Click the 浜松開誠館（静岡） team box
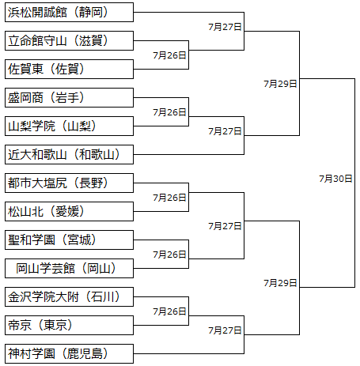[69, 13]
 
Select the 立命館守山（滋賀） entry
[69, 41]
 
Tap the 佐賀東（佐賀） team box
[69, 70]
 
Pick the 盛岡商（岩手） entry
[69, 98]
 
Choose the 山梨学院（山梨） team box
[69, 126]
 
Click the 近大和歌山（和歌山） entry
[69, 155]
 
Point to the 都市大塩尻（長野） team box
[69, 183]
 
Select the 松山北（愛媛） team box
[69, 212]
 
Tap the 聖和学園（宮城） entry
[69, 240]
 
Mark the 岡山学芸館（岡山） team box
[69, 269]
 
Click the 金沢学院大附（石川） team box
[69, 297]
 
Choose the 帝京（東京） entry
[69, 326]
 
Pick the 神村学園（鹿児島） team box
[69, 354]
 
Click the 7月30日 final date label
[335, 179]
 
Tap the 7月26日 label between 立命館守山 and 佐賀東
[169, 55]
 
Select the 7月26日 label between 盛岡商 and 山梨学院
[169, 112]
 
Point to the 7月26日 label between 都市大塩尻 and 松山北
[169, 198]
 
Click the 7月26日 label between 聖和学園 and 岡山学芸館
[169, 255]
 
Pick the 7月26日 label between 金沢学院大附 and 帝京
[169, 311]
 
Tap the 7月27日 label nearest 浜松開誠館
[225, 27]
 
